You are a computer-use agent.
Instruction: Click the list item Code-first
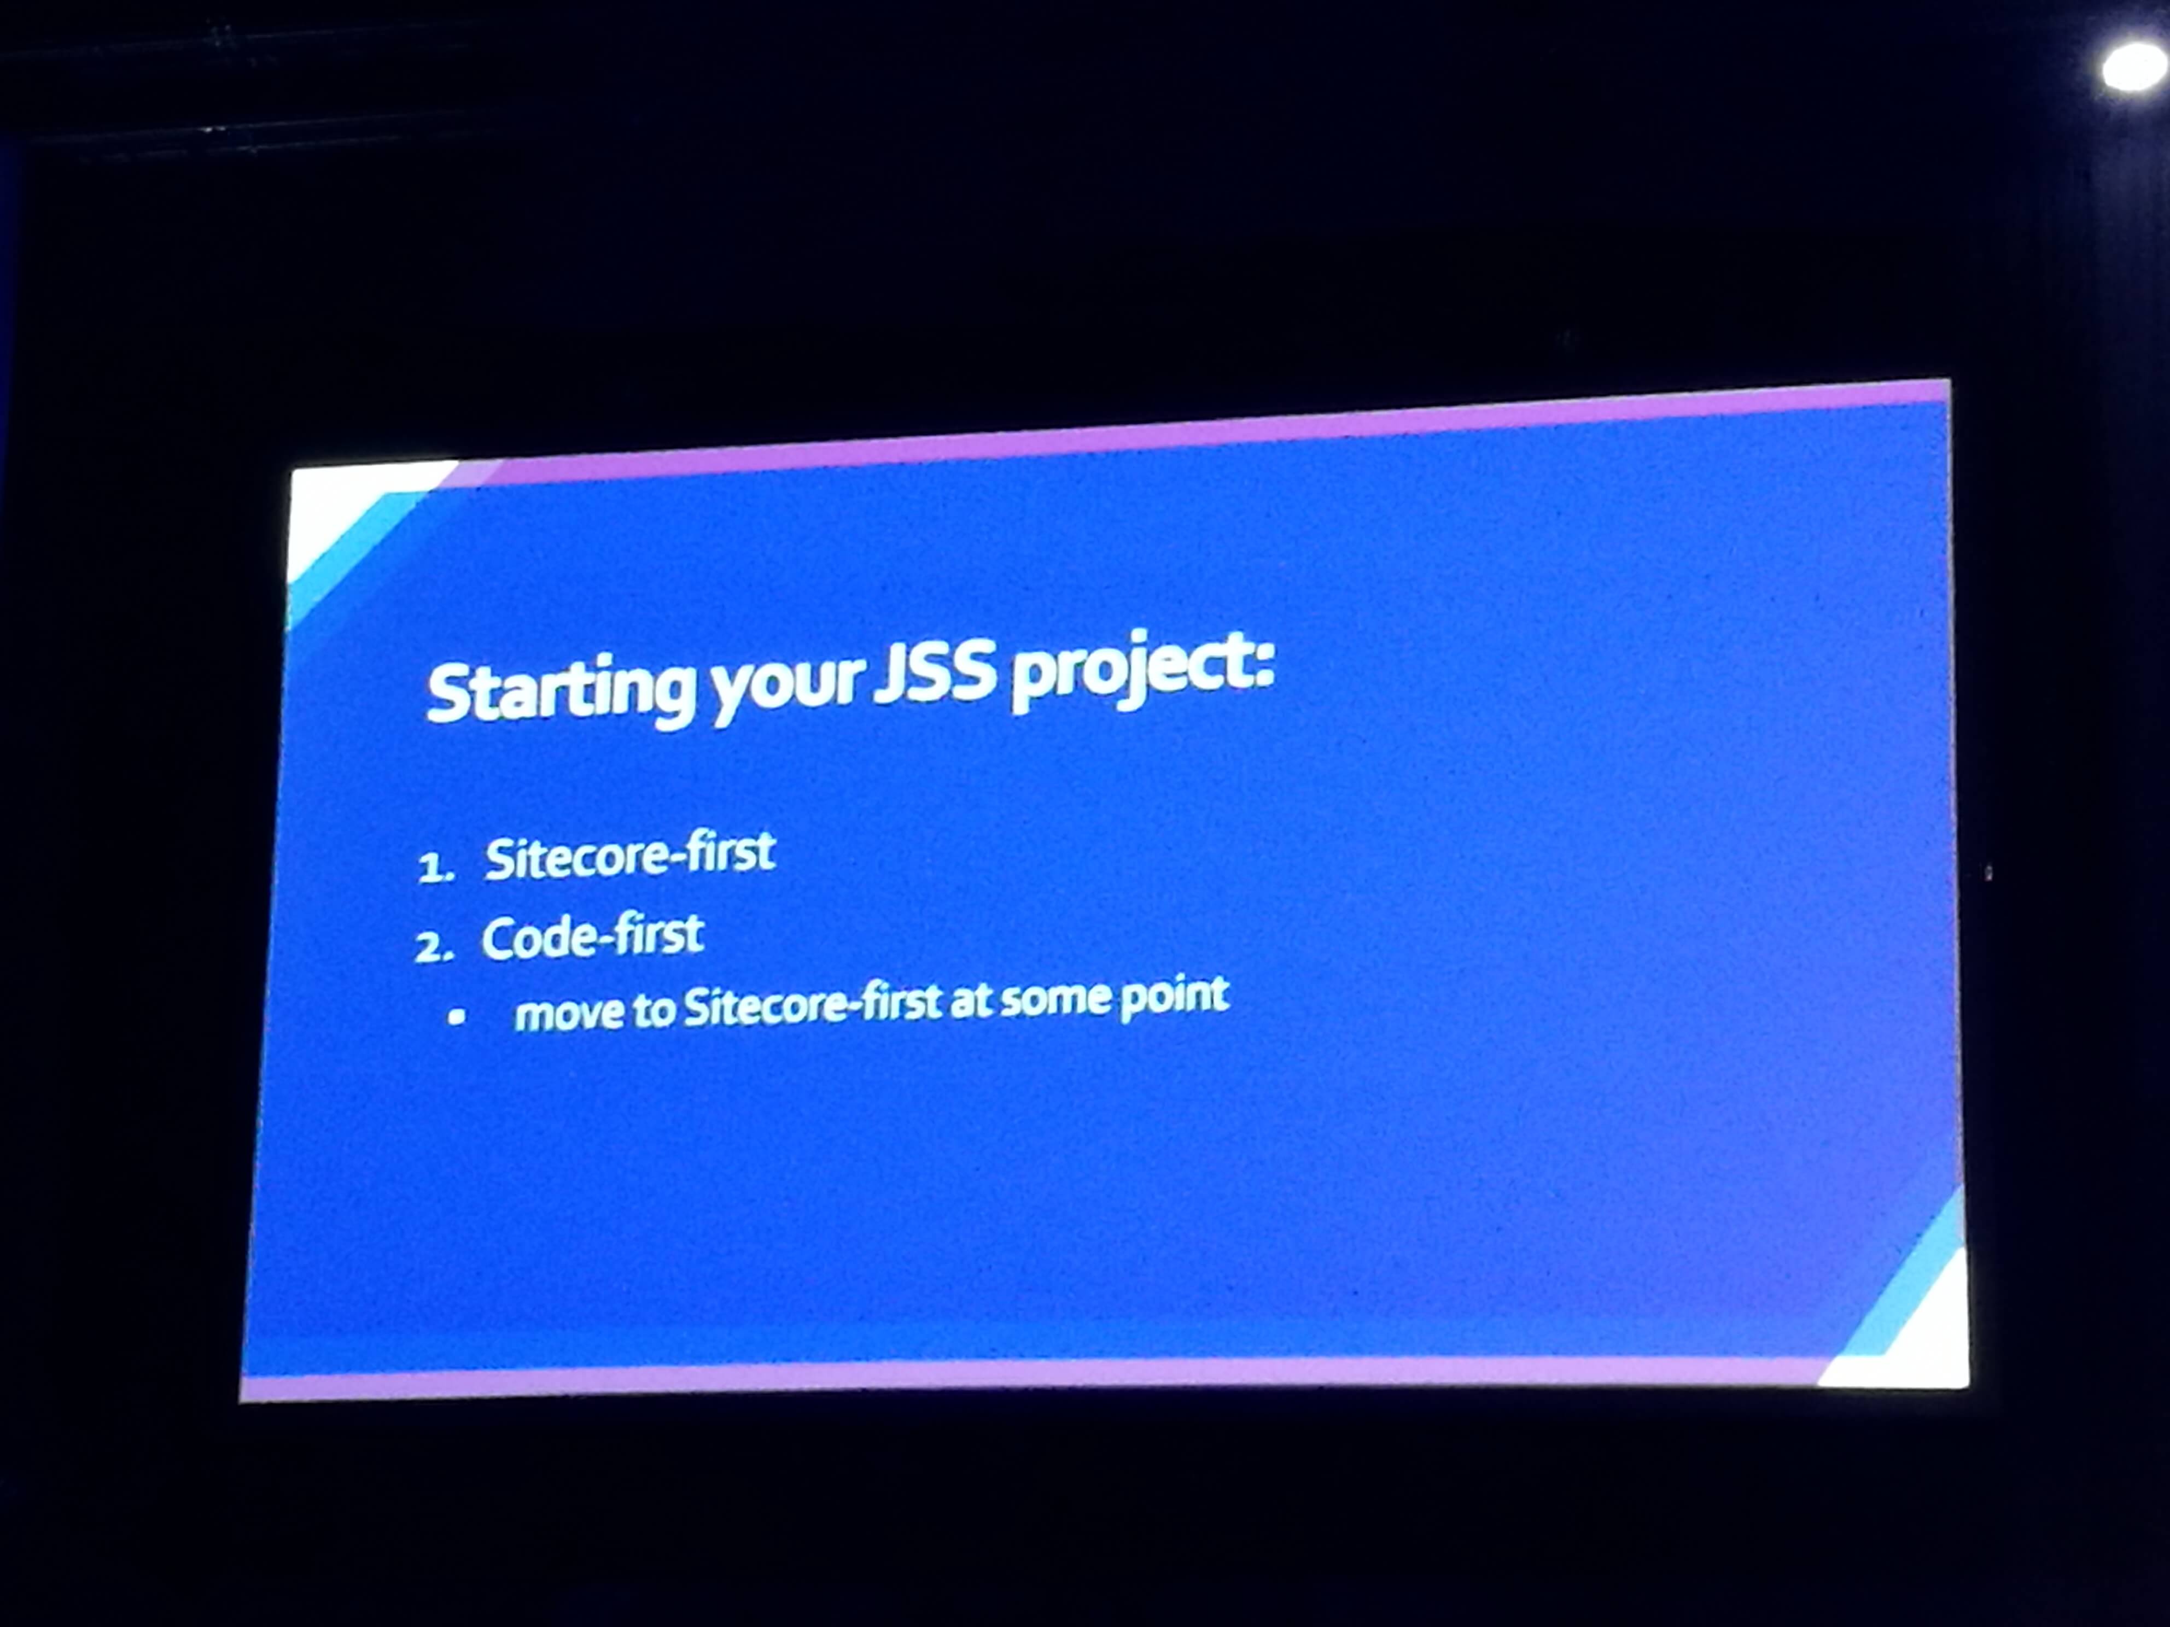[592, 937]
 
